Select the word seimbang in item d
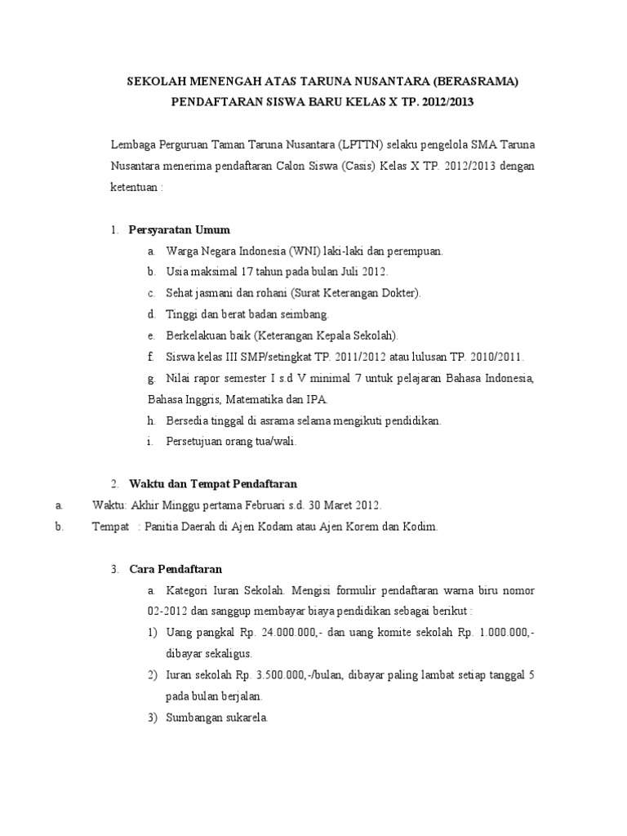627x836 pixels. [x=305, y=314]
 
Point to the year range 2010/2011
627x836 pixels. [x=495, y=357]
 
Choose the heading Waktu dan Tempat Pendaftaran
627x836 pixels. [x=212, y=484]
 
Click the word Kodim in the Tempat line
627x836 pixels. [x=422, y=527]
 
